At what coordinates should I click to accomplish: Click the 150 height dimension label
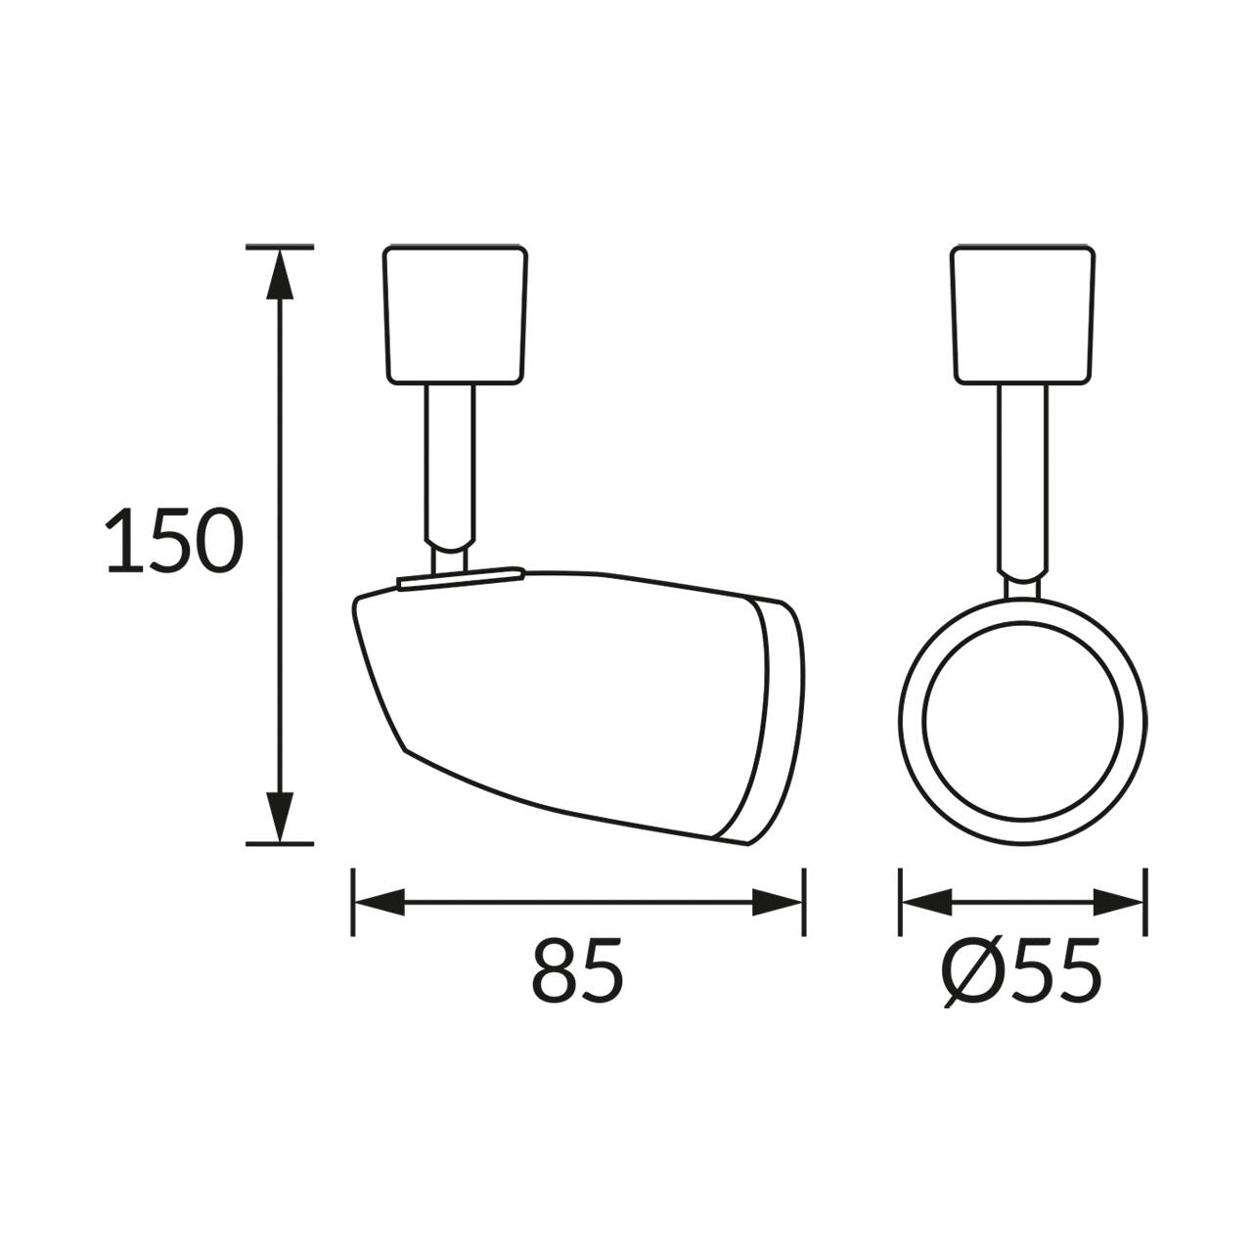174,540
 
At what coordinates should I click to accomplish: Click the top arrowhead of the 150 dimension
280,275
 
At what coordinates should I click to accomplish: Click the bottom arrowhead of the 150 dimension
280,817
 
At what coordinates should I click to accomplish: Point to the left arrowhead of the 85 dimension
379,902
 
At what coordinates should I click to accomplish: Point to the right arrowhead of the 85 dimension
777,902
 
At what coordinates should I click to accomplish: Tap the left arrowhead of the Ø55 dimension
927,902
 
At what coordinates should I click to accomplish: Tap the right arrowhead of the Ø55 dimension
1118,902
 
